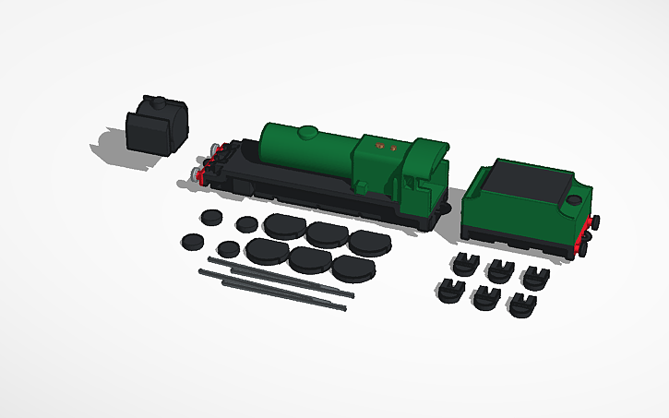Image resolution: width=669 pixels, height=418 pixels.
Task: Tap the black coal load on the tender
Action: click(x=529, y=182)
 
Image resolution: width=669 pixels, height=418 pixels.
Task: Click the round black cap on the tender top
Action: click(x=574, y=198)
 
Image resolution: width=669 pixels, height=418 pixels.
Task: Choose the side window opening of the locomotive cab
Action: click(x=421, y=181)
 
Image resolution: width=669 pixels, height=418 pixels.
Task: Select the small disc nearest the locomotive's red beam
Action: click(x=211, y=218)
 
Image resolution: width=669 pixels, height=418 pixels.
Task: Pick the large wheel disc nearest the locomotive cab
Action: click(x=368, y=243)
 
